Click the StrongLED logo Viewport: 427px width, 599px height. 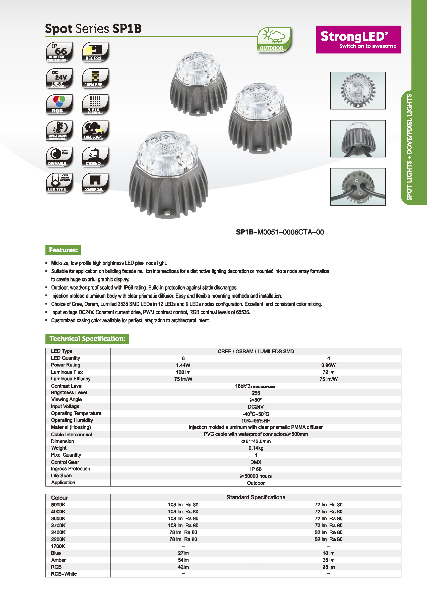click(x=358, y=39)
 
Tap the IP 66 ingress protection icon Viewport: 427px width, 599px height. click(x=59, y=52)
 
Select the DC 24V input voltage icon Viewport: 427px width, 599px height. click(x=59, y=78)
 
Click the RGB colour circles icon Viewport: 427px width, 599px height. click(x=59, y=104)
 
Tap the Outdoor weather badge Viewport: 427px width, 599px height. click(x=274, y=40)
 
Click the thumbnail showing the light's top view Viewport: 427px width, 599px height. click(x=358, y=90)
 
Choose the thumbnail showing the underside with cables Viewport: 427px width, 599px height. click(x=358, y=187)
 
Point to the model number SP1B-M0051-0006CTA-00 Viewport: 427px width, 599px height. click(x=280, y=232)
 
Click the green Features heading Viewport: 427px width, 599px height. click(x=63, y=250)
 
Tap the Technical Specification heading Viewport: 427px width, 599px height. click(x=87, y=339)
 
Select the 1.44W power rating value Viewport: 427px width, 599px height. click(x=183, y=365)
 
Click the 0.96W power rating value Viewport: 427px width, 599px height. click(x=328, y=365)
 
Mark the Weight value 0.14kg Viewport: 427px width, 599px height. click(x=256, y=448)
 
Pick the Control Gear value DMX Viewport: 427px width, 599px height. click(x=256, y=462)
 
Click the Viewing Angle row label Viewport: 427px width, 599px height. click(x=67, y=399)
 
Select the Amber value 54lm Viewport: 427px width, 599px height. click(x=183, y=560)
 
